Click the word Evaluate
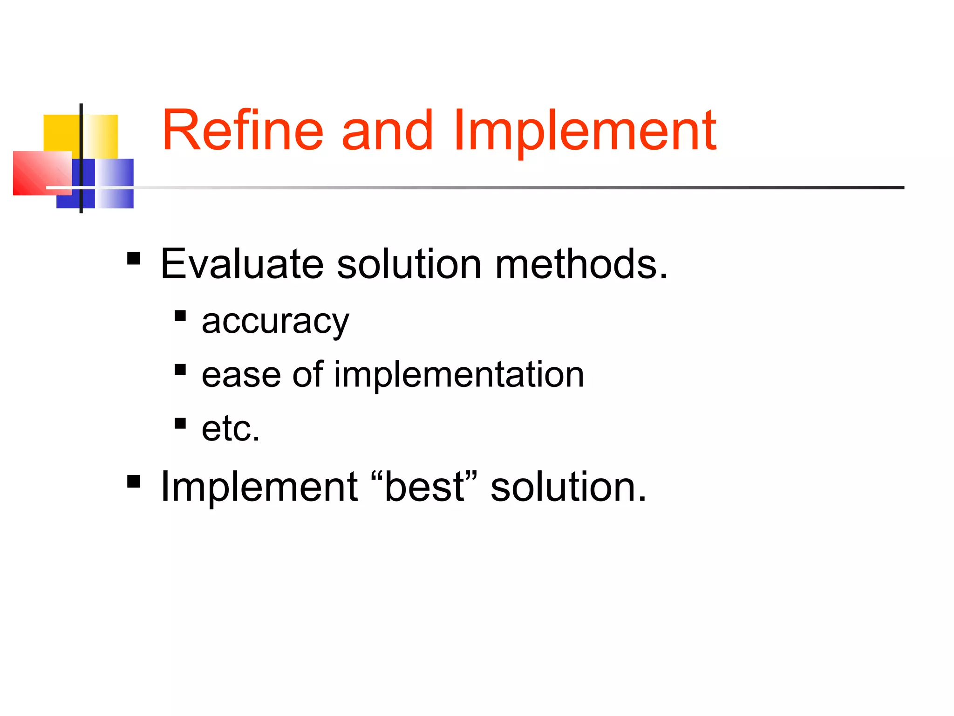tap(242, 264)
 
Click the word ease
tap(241, 375)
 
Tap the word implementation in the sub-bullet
tap(459, 375)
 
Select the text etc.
tap(231, 428)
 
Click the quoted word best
tap(424, 487)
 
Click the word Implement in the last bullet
tap(259, 487)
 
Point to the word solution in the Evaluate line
tap(409, 264)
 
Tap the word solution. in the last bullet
tap(568, 487)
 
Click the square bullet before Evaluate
tap(134, 258)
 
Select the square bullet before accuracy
tap(180, 317)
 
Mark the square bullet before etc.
tap(180, 423)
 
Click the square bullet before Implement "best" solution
tap(134, 481)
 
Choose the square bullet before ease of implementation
tap(180, 370)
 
